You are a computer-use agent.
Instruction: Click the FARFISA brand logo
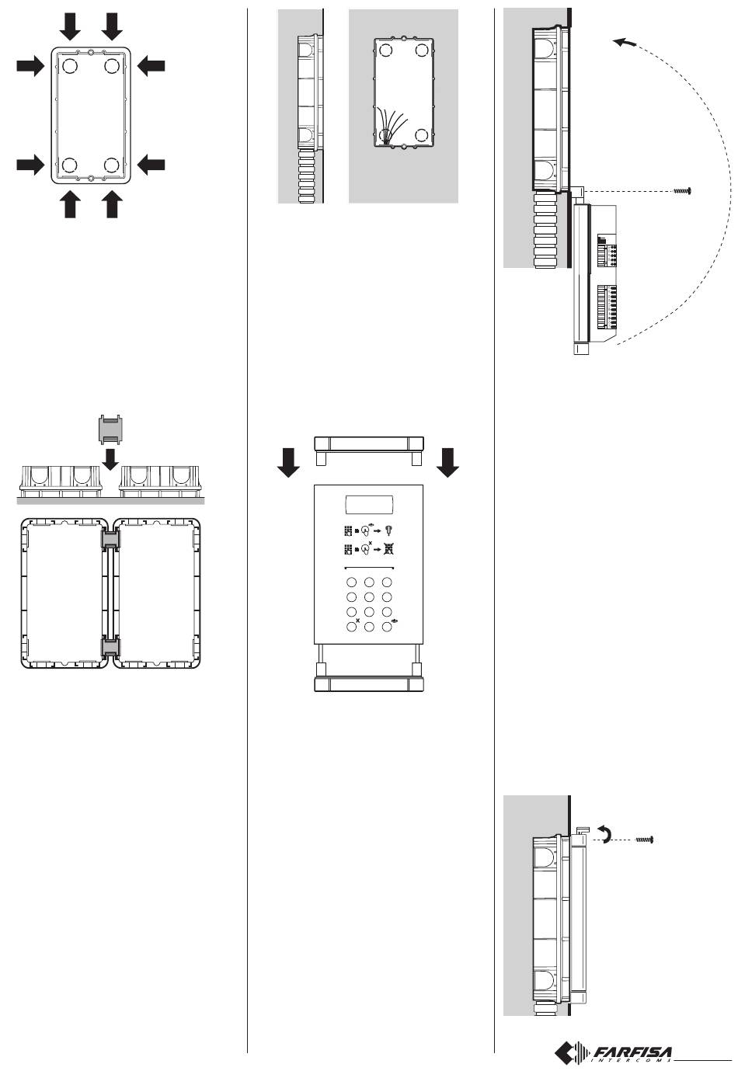point(614,1053)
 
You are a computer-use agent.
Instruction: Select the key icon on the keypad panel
point(389,530)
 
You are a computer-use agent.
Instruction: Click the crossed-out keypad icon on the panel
point(389,549)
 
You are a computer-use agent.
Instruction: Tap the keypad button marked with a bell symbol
point(387,627)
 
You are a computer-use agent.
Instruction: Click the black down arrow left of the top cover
point(289,462)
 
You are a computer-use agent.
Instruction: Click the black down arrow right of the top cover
point(447,462)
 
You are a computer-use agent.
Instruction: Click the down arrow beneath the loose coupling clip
point(111,460)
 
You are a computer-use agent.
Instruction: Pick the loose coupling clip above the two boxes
point(111,429)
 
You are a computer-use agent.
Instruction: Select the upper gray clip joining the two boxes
point(110,540)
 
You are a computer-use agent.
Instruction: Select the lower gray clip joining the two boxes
point(110,647)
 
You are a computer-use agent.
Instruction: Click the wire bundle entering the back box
point(391,126)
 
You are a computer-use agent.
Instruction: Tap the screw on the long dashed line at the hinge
point(683,191)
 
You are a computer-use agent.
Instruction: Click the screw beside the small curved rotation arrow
point(645,840)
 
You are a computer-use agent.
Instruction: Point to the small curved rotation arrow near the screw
point(604,833)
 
